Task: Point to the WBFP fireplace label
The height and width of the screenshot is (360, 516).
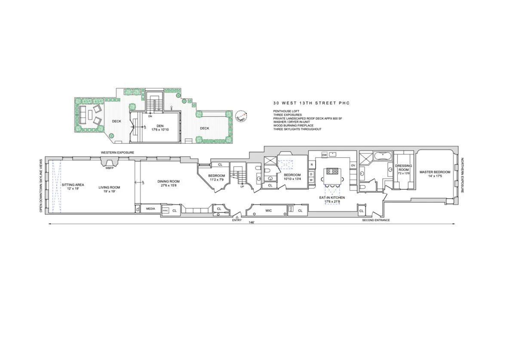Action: click(x=109, y=168)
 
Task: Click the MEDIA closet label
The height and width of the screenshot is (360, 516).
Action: click(x=150, y=209)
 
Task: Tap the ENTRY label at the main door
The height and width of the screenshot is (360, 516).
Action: click(x=237, y=220)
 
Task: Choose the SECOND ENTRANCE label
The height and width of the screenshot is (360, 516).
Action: click(x=376, y=220)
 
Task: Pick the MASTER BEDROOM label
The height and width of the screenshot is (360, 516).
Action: click(x=435, y=172)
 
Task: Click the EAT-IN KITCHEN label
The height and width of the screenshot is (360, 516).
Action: click(x=329, y=198)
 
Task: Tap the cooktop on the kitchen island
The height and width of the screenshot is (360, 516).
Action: click(x=333, y=171)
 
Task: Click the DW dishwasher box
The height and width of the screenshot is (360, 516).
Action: click(x=324, y=154)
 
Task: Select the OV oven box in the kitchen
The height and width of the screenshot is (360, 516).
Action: click(x=353, y=165)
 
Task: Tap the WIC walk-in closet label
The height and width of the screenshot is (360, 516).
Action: click(x=269, y=211)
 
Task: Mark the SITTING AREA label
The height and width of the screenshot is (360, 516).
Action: click(x=73, y=184)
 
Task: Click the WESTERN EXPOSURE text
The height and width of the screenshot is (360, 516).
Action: click(x=118, y=153)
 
